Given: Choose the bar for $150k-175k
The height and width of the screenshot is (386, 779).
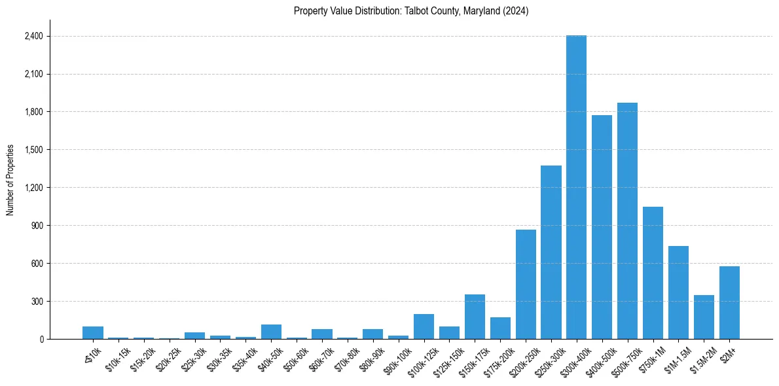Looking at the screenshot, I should (475, 317).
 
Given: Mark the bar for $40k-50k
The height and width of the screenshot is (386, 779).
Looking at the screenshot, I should (271, 332).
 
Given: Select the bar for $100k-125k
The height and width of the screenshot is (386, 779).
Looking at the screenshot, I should (424, 326).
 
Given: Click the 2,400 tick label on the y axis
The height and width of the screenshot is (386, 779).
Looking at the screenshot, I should (33, 36).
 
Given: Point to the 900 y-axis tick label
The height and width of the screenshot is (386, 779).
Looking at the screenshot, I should (37, 226).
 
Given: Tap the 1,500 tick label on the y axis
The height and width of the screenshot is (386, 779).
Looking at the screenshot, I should (33, 150).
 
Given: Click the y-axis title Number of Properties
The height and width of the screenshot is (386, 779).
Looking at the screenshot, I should (10, 179).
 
